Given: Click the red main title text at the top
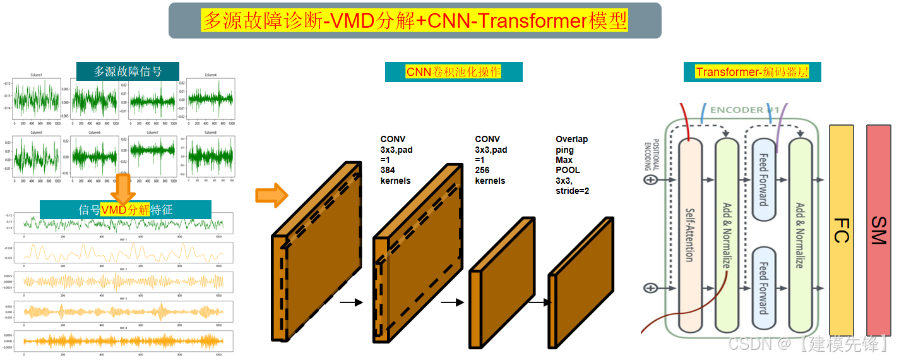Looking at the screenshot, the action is click(414, 21).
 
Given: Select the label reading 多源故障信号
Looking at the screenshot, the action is click(128, 71).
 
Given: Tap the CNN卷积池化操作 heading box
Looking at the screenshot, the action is click(453, 72).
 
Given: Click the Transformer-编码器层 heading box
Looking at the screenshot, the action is click(752, 72).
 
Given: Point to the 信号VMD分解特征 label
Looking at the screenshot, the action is click(125, 210).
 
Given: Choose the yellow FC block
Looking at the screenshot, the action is click(841, 230).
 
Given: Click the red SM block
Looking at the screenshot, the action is click(878, 230).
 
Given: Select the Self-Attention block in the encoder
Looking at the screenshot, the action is click(689, 235).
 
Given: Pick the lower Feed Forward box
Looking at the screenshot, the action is click(763, 287).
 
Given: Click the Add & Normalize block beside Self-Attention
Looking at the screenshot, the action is click(727, 235).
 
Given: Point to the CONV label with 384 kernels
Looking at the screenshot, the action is click(396, 160).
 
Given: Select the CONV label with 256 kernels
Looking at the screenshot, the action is click(491, 160).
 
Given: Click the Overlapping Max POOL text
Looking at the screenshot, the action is click(572, 165).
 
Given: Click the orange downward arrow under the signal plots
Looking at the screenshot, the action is click(123, 188).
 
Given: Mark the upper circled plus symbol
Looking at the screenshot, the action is click(650, 180).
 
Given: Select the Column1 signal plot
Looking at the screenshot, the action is click(37, 98).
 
